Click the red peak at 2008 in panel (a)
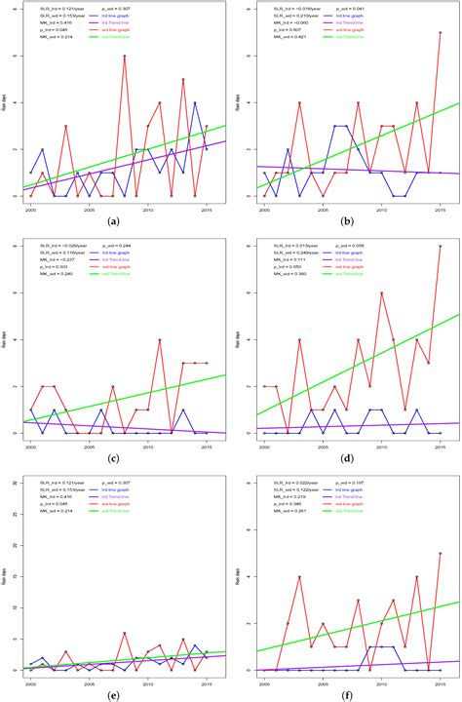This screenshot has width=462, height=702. (125, 57)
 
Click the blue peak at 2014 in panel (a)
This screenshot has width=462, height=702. (195, 102)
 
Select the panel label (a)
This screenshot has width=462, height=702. (115, 223)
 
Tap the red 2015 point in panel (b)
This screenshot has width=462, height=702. (441, 32)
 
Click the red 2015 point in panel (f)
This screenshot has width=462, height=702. (441, 554)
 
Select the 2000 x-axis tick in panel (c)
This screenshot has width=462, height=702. (30, 445)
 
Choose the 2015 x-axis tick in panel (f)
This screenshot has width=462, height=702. (441, 680)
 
